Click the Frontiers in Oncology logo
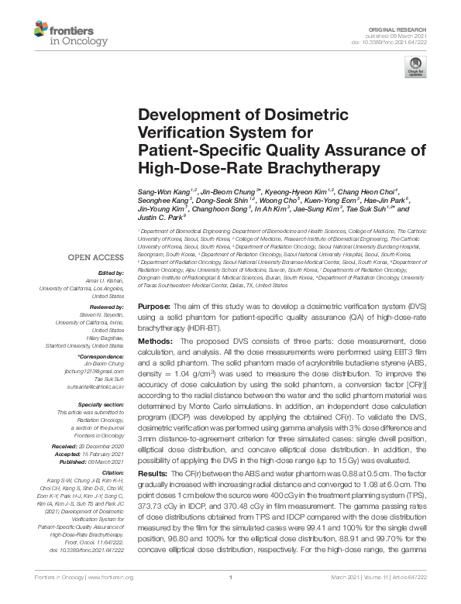61,33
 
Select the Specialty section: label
101,404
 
